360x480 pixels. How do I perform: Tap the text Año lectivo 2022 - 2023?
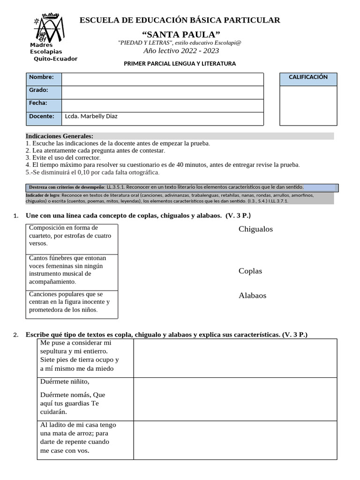point(180,51)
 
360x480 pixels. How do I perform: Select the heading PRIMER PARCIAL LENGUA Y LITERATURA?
point(180,63)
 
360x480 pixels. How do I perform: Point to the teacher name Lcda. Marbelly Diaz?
point(91,116)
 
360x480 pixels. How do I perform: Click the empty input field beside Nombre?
point(162,79)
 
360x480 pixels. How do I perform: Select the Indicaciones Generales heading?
point(60,136)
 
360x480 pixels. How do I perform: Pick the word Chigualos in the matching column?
point(255,229)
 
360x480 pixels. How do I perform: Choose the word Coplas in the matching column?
point(250,271)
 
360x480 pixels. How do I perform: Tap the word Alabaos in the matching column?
point(252,295)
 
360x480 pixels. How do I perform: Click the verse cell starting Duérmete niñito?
point(84,398)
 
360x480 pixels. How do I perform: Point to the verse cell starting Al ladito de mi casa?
point(84,438)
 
